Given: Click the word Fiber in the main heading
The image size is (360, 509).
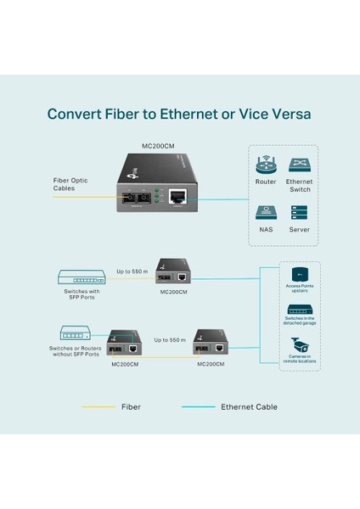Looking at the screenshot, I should pos(127,113).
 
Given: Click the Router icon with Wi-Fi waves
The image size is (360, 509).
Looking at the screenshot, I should pos(266,165).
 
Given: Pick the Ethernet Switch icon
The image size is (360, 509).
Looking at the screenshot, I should pos(299,165).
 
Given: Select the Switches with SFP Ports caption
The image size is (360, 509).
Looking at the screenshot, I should pos(82,294).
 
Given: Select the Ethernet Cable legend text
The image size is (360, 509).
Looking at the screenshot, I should pos(249,407).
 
